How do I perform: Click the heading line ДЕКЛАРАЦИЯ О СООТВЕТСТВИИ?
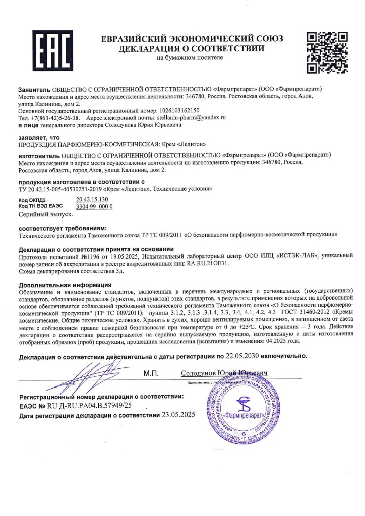pyautogui.click(x=192, y=49)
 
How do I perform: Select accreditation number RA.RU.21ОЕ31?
pyautogui.click(x=208, y=263)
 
